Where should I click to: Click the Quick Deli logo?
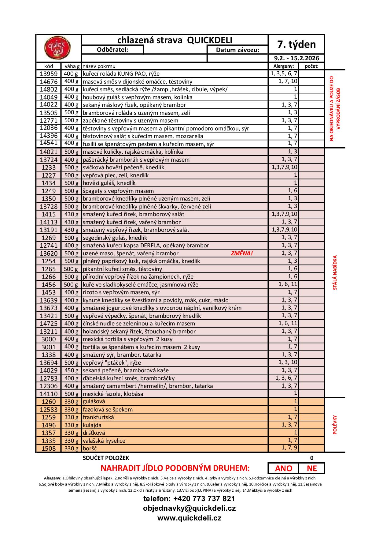coord(57,48)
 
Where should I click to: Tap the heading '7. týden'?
coord(296,44)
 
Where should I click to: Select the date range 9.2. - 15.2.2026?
coord(296,58)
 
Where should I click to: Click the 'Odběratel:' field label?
coord(112,50)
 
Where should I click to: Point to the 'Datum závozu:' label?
coord(237,50)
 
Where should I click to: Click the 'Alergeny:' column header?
coord(283,66)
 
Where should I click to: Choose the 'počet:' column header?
coord(311,66)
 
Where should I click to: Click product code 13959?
coord(49,74)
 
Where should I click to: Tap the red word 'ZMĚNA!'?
coord(242,253)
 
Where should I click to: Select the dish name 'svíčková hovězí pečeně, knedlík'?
coord(123,167)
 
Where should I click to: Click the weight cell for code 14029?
coord(71,370)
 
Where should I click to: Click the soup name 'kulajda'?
coord(92,425)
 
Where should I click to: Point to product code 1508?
coord(49,449)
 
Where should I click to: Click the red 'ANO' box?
coord(283,468)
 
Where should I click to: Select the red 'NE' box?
coord(312,468)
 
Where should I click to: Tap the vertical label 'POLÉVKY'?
coord(335,425)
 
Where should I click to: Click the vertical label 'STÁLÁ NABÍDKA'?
coord(335,272)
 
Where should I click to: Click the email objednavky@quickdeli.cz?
coord(189,508)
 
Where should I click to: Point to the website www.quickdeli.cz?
coord(189,518)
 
